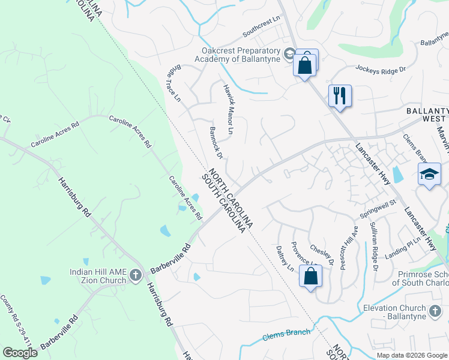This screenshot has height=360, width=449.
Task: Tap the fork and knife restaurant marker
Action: [x=340, y=96]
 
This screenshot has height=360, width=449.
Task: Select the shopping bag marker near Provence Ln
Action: [x=310, y=277]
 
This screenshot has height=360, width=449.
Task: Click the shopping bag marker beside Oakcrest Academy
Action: [x=305, y=64]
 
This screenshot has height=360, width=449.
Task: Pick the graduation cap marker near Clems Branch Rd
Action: [x=429, y=175]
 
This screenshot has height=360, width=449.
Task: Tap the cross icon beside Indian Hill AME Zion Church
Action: [x=136, y=276]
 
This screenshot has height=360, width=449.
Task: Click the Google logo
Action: [x=20, y=352]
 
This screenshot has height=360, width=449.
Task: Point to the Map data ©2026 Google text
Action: [x=411, y=355]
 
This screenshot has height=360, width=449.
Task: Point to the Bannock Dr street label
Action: [x=216, y=143]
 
